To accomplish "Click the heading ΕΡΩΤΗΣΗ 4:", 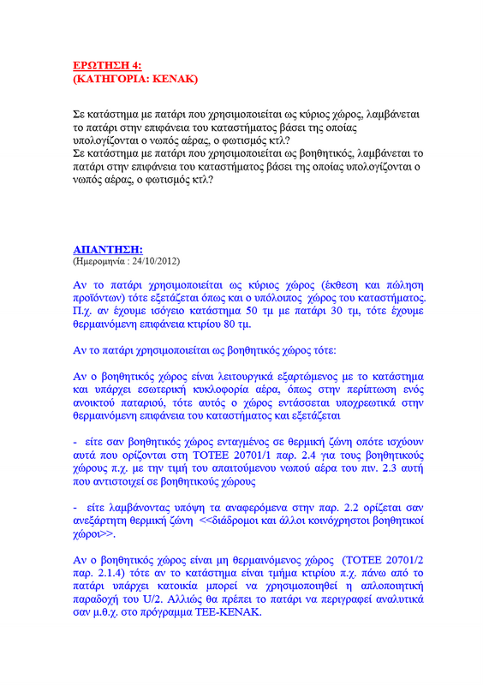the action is point(108,65).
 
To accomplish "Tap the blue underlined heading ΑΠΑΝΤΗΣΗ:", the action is point(108,249).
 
